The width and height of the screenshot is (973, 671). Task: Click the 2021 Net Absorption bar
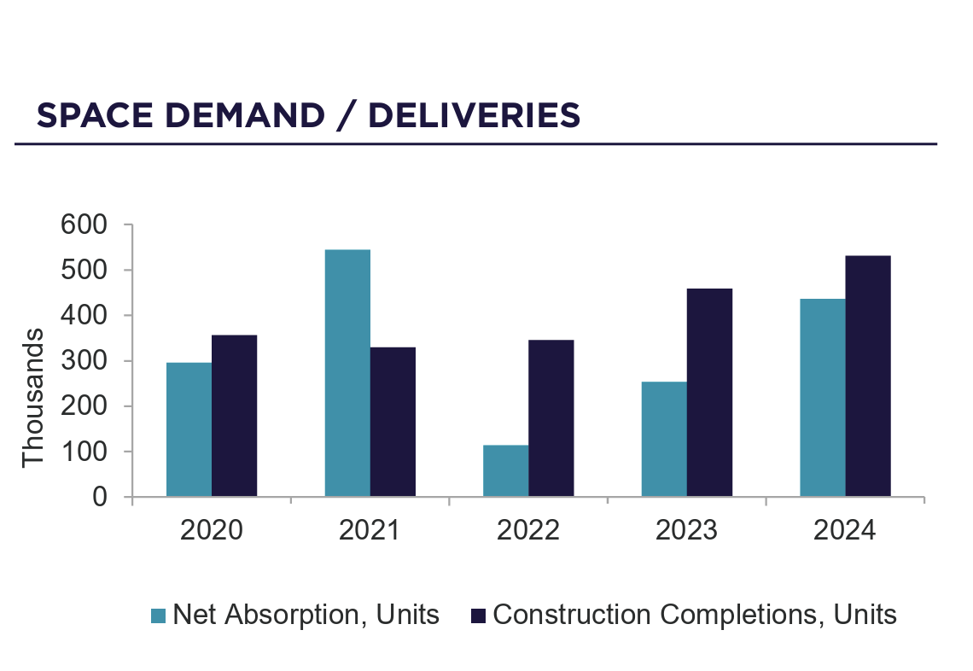pos(347,373)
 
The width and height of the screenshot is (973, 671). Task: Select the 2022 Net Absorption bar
pos(505,470)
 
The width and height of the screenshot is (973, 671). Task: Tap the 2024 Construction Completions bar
pos(868,376)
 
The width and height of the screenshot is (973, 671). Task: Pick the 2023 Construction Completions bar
pos(709,392)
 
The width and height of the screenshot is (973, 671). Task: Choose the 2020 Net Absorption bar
pos(189,429)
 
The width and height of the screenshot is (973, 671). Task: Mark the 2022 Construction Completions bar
pos(551,417)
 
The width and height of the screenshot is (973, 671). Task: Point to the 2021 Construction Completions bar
pos(393,422)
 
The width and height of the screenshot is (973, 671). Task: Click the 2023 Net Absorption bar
pos(664,439)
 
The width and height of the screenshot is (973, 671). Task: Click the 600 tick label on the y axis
pos(84,225)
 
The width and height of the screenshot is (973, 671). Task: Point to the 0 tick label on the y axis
pos(102,497)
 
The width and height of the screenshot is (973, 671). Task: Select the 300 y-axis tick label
pos(84,361)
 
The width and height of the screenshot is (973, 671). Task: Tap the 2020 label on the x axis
pos(212,530)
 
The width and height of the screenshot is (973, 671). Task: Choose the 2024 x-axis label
pos(845,530)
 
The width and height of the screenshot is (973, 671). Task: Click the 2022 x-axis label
pos(528,530)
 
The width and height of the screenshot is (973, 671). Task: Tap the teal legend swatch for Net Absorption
pos(159,616)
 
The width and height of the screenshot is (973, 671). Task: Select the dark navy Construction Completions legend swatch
pos(478,616)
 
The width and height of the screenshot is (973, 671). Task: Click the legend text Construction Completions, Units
pos(695,615)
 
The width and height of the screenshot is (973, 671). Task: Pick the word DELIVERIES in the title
pos(475,115)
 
